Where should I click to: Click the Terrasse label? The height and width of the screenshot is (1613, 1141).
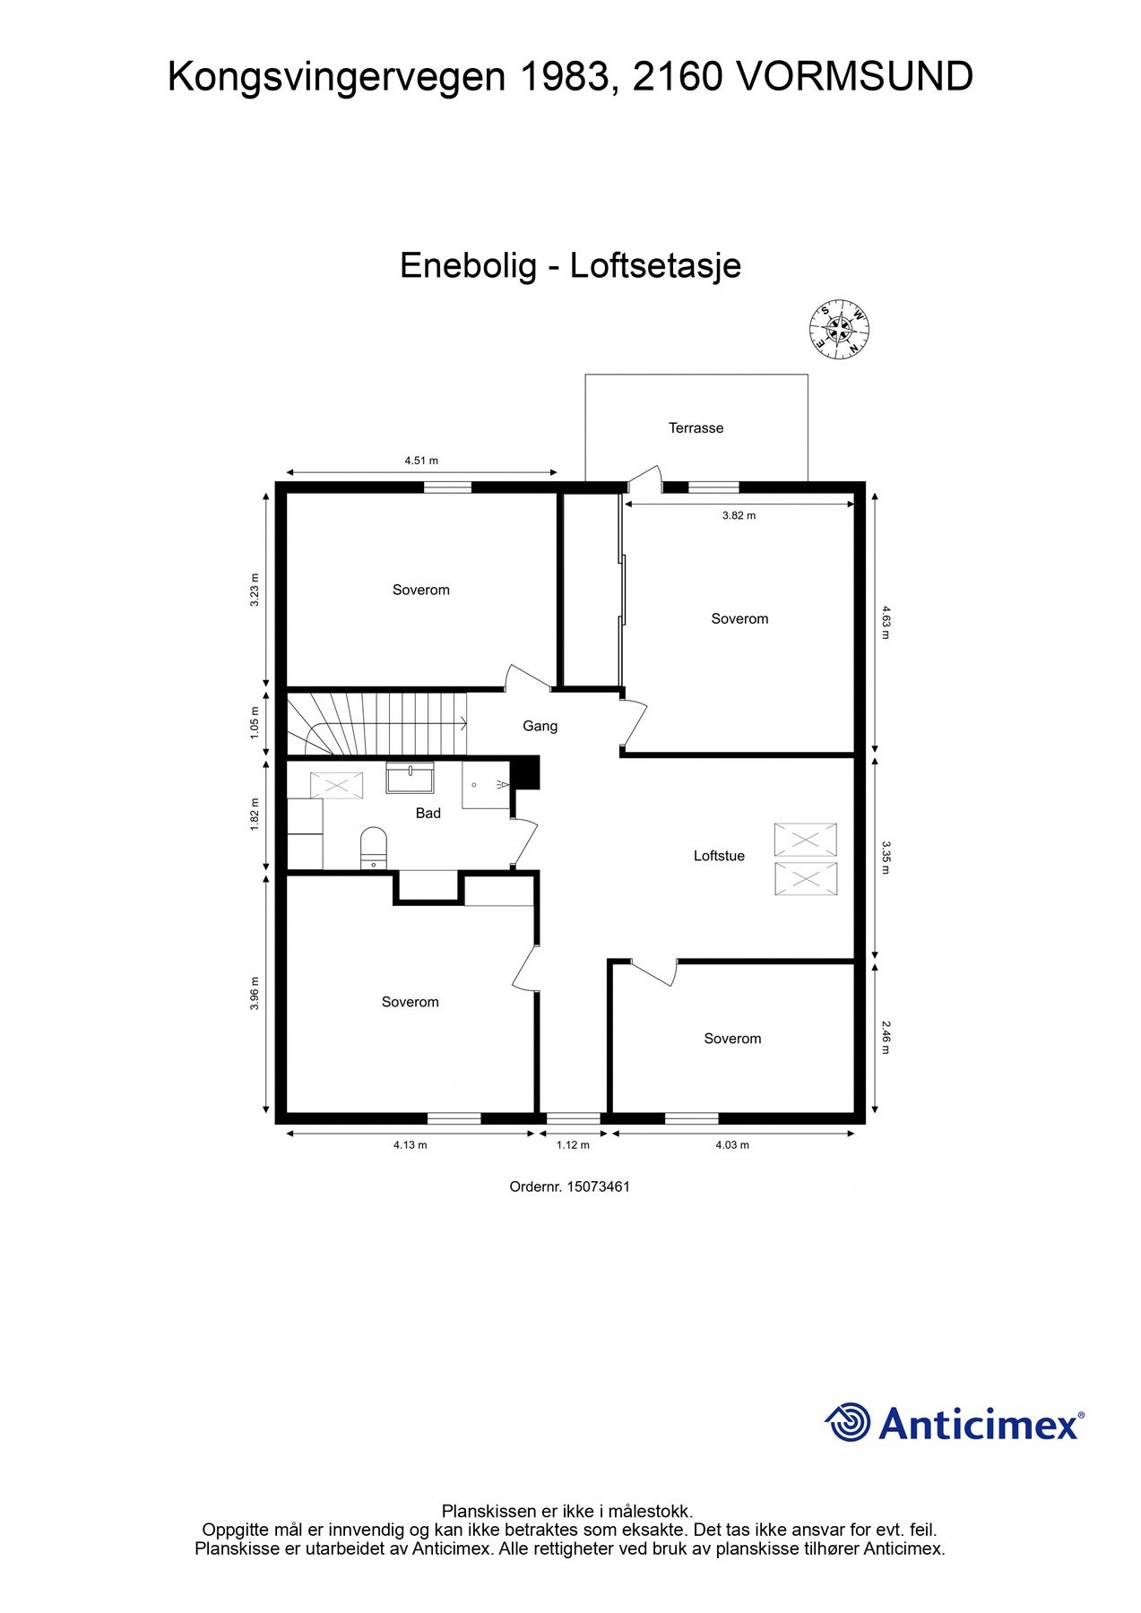click(696, 428)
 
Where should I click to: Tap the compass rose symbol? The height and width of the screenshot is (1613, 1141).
click(840, 328)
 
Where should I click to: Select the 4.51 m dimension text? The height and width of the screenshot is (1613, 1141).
click(420, 461)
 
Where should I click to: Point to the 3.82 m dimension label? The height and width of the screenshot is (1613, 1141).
click(739, 515)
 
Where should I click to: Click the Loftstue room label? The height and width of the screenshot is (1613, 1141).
click(719, 856)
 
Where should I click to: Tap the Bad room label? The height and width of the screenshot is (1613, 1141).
click(428, 813)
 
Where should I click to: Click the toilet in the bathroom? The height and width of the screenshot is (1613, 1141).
click(373, 847)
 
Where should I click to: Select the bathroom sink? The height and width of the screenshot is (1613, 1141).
click(410, 777)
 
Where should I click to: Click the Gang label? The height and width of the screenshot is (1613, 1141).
click(540, 726)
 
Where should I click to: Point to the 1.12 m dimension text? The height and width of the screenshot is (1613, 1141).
click(573, 1144)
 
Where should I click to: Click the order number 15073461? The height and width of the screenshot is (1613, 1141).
click(598, 1186)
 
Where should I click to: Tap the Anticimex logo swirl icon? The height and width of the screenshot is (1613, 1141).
click(847, 1422)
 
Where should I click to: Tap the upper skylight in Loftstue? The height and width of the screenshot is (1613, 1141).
click(805, 840)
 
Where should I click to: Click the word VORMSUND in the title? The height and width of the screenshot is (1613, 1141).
click(853, 77)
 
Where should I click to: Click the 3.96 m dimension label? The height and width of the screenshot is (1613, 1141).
click(255, 993)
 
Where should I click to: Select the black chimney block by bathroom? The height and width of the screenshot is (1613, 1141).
click(524, 772)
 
